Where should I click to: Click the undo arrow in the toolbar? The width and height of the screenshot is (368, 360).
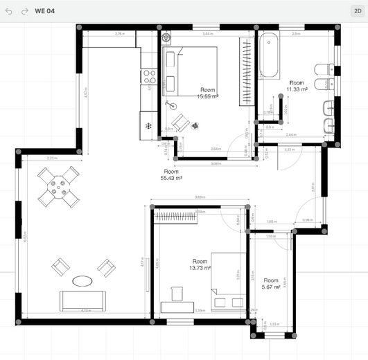click(9, 11)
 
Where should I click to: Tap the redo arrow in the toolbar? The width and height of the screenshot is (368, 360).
click(24, 11)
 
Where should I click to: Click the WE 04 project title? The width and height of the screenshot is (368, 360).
click(45, 11)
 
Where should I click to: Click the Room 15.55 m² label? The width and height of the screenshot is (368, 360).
click(207, 93)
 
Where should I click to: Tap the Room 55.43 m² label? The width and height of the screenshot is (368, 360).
click(171, 174)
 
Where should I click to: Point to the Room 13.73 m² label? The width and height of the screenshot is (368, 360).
click(200, 264)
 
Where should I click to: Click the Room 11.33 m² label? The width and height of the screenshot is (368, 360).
click(297, 85)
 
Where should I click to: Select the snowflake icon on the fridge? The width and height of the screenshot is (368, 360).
click(148, 125)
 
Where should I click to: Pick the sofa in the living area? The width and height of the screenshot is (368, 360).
click(82, 300)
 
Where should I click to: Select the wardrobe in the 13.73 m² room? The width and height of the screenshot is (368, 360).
click(175, 217)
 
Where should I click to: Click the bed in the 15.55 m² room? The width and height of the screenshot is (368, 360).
click(191, 71)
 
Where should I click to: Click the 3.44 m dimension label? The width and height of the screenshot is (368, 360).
click(207, 33)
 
